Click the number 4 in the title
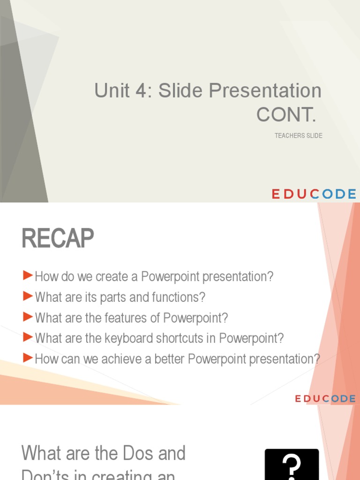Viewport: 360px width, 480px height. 141,90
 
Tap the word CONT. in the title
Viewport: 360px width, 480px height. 286,114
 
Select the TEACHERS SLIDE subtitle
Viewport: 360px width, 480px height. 298,136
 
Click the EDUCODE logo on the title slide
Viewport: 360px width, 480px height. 314,194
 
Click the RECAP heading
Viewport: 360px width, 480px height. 57,239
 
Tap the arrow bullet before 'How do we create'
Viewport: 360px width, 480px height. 28,275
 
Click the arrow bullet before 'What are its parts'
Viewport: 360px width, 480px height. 28,296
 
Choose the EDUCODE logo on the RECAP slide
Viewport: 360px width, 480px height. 325,398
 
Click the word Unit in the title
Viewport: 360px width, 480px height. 111,90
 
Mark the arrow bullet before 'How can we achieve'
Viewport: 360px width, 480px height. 28,358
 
